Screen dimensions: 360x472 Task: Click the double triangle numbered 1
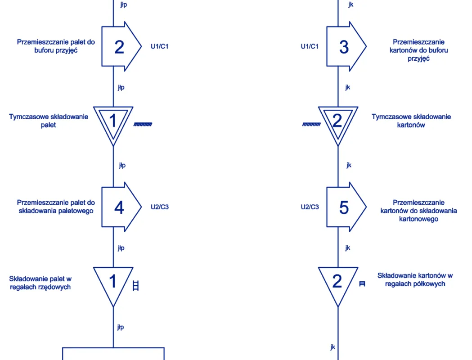pos(113,121)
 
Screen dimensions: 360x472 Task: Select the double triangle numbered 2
pos(338,121)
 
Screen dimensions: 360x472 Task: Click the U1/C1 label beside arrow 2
pos(159,46)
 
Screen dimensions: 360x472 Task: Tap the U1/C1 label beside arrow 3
pos(310,46)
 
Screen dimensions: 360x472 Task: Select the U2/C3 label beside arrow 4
pos(159,207)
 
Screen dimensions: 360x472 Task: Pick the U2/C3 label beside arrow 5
pos(310,207)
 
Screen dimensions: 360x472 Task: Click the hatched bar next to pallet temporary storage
pos(143,124)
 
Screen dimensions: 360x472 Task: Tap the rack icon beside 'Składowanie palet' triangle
pos(135,285)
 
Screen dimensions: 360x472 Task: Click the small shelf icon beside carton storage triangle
pos(362,284)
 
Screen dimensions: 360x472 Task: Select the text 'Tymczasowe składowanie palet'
pos(49,121)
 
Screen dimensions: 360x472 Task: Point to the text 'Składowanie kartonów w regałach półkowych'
pos(415,279)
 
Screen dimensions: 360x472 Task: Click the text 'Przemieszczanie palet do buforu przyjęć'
pos(56,46)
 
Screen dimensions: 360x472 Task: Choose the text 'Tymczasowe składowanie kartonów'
pos(411,121)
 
